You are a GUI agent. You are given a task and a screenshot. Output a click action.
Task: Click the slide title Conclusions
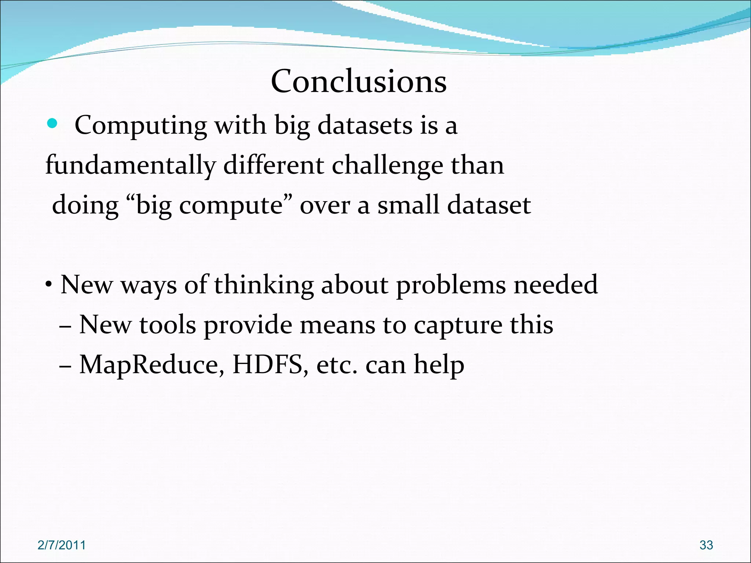(359, 81)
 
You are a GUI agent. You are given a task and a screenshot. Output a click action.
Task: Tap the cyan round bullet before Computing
(52, 124)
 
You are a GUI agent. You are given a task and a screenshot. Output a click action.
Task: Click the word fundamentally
(130, 166)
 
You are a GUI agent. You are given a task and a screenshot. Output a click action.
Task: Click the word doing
(85, 205)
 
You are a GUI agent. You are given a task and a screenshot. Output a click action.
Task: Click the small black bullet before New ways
(48, 285)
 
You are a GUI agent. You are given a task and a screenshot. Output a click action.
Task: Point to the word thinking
(264, 285)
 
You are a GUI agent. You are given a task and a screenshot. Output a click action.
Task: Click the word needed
(556, 284)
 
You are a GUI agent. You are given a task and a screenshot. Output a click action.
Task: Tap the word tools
(168, 325)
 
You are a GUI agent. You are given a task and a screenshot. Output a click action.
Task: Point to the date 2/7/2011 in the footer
(62, 545)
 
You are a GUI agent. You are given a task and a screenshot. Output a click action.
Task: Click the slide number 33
(706, 545)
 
